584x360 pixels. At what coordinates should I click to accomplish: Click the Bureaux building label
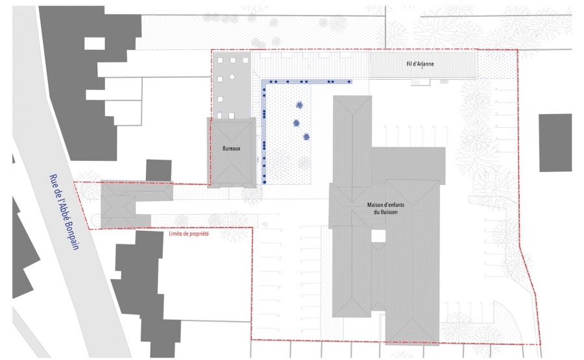tap(231, 148)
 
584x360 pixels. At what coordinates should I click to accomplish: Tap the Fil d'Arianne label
tap(420, 64)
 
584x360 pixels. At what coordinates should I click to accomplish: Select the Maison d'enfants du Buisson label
tap(385, 208)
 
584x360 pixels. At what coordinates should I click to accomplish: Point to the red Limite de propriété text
tap(189, 234)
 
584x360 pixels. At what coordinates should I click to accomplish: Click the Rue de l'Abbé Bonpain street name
tap(64, 211)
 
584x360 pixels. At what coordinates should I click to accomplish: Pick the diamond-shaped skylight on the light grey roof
tap(232, 77)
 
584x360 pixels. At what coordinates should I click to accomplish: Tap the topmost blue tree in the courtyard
tap(299, 105)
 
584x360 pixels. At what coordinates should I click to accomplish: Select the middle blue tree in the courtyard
tap(296, 123)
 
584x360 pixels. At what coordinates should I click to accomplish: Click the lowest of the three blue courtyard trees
tap(306, 137)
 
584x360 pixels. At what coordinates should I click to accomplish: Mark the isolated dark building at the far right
tap(555, 143)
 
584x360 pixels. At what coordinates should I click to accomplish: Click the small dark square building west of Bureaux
tap(159, 170)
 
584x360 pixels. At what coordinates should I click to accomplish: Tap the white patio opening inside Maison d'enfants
tap(378, 235)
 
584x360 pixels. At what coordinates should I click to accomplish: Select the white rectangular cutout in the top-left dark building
tap(95, 43)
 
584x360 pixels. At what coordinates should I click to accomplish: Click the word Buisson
tap(389, 212)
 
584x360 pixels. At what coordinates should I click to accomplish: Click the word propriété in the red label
tap(199, 234)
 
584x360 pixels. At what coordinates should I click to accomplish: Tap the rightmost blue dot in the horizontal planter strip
tap(349, 82)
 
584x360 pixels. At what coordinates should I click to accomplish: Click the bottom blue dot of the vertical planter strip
tap(264, 182)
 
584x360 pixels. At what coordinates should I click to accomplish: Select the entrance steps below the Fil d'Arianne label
tap(420, 82)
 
